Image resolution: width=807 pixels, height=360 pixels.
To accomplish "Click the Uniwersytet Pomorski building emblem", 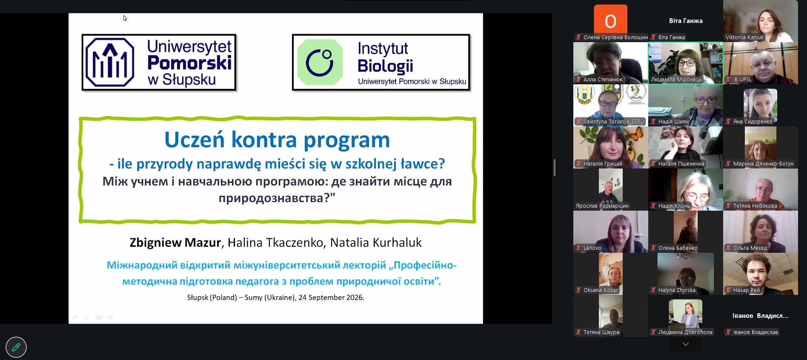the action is coord(110,62).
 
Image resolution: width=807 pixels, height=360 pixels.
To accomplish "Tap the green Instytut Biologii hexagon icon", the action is coord(320,62).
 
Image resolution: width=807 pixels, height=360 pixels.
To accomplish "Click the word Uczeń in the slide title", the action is coord(195,140).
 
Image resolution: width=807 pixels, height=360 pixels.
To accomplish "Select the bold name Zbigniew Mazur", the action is coord(175,243).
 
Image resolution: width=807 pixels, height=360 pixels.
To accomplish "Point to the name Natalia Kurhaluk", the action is coord(376,243).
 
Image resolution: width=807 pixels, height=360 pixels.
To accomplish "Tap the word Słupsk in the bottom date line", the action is coord(198,297).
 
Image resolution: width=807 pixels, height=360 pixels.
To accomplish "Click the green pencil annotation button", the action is coord(16,347).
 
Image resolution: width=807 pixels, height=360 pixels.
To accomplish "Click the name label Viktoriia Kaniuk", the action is coord(744,37).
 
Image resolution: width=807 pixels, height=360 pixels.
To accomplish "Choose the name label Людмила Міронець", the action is coord(676,80).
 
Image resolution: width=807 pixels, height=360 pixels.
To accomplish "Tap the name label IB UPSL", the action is coord(742,80).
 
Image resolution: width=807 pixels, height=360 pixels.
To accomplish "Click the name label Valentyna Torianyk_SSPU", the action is coord(613,122).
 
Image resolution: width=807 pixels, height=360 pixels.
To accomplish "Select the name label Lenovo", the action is coord(592,248).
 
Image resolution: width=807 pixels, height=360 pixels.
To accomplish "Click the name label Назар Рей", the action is coord(746,290).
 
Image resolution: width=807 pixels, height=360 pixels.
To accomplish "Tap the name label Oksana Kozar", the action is coord(601,290).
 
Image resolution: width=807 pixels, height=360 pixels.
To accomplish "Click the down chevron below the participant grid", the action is coord(685,344).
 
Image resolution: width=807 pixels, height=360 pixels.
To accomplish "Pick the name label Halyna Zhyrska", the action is coord(677,290).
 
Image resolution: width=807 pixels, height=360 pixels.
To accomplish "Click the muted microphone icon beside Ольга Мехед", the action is coord(728,248).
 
